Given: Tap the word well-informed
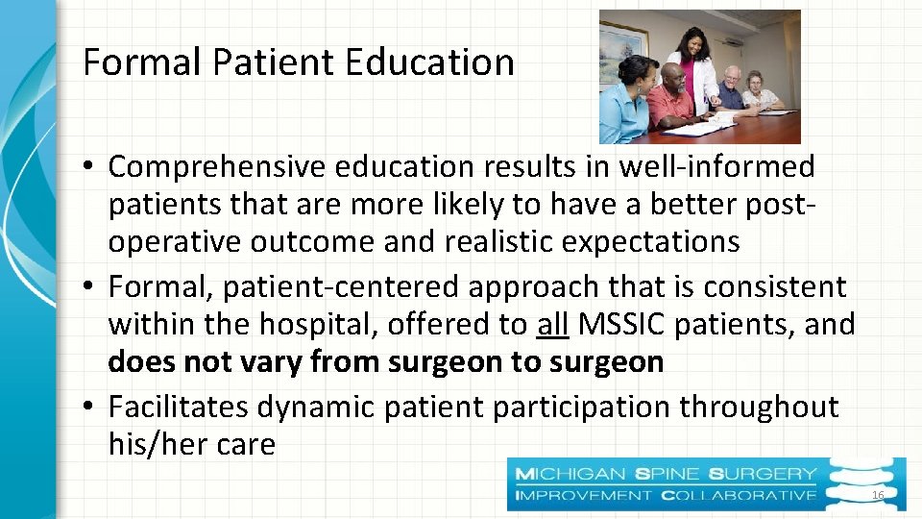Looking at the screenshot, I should tap(716, 167).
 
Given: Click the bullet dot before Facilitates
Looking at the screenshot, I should tap(87, 408).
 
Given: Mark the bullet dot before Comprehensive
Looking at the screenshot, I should tap(87, 168).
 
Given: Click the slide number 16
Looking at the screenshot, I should tap(876, 494).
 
